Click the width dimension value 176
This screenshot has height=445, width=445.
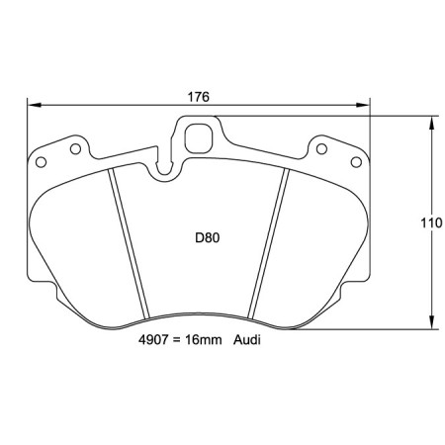pyautogui.click(x=199, y=97)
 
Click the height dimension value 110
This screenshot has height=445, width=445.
pyautogui.click(x=430, y=223)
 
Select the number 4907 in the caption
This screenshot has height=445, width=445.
pyautogui.click(x=157, y=339)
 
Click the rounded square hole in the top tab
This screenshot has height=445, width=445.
pyautogui.click(x=201, y=137)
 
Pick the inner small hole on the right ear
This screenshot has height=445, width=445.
pyautogui.click(x=320, y=148)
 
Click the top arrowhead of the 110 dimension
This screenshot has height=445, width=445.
pyautogui.click(x=432, y=123)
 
